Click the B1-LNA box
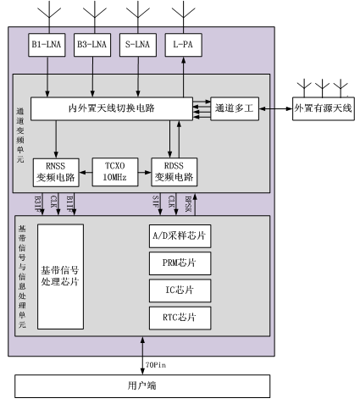[x=47, y=45]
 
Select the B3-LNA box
[x=92, y=45]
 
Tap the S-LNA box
[x=138, y=45]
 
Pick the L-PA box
[x=183, y=45]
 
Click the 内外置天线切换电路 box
[x=112, y=108]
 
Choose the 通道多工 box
[x=235, y=108]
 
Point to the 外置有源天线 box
[x=324, y=108]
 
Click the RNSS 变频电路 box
[x=56, y=172]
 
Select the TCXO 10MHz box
[x=115, y=172]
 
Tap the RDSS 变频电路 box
[x=174, y=172]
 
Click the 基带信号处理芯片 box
[x=60, y=277]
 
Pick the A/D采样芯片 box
[x=180, y=236]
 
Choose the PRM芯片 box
[x=180, y=263]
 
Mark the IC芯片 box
[x=180, y=291]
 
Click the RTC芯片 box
[x=180, y=318]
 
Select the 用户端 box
[x=142, y=386]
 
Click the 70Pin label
[x=156, y=365]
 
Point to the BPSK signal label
[x=188, y=204]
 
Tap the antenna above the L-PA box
[x=184, y=17]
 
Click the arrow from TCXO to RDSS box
[x=145, y=172]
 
